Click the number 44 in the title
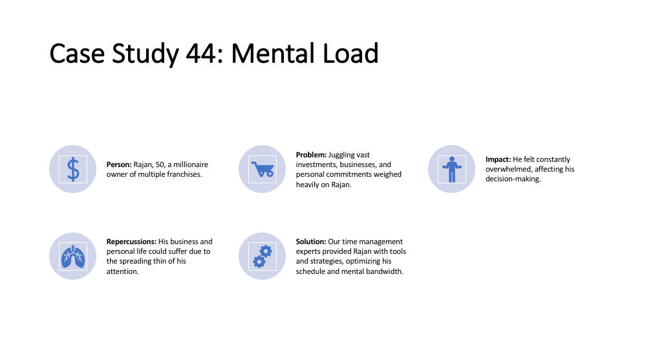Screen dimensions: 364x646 200,54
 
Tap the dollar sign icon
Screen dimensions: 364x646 73,169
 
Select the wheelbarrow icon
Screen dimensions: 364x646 263,169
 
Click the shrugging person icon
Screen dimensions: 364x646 452,169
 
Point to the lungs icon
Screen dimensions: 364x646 73,256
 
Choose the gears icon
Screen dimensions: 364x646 263,256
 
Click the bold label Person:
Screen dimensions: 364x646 119,165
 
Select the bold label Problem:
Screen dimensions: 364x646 311,155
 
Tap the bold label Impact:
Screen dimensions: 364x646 498,159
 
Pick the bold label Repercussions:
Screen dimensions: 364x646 131,242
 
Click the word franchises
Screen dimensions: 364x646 184,175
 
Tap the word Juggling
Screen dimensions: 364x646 342,155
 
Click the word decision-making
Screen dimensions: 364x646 513,179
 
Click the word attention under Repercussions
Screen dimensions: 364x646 122,271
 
